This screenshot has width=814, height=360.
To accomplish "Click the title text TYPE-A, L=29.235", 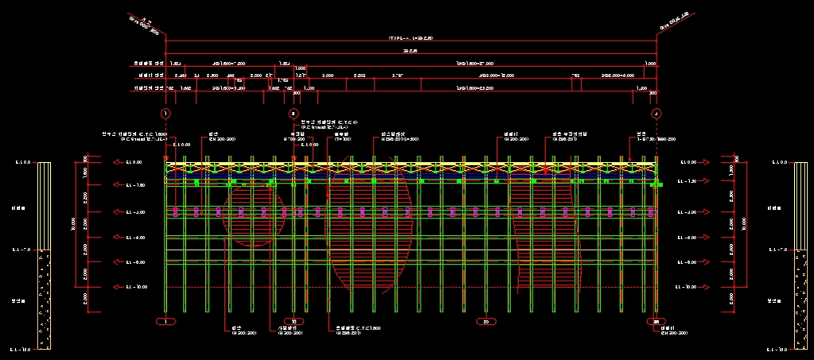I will (x=410, y=38).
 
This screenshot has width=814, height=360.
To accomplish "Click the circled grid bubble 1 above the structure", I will (x=165, y=114).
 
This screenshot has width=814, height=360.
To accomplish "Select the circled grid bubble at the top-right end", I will (x=656, y=114).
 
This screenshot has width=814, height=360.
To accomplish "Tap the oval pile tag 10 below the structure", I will (x=294, y=321).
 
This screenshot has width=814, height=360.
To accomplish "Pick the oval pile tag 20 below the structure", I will (x=486, y=321).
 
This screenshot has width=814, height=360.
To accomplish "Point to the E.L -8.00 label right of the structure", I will (x=688, y=262).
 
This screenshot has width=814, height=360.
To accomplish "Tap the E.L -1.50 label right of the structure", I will (x=688, y=182).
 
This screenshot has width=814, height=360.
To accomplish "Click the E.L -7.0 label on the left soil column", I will (x=21, y=250).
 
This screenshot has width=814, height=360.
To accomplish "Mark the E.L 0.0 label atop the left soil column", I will (x=21, y=163).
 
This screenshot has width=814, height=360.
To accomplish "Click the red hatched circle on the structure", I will (x=254, y=213).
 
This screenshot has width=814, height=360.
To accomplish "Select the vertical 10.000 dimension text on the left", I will (x=73, y=225).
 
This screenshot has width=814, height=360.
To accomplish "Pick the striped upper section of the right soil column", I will (x=800, y=206).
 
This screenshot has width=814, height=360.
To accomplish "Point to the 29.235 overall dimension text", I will (x=410, y=50).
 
